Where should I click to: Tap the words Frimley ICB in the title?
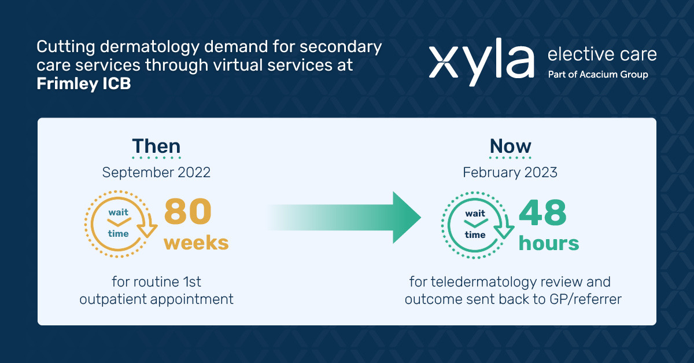pyautogui.click(x=84, y=84)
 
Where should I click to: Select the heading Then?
pyautogui.click(x=156, y=146)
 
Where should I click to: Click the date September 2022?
pyautogui.click(x=156, y=172)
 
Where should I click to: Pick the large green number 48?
pyautogui.click(x=542, y=214)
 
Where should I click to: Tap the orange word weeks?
pyautogui.click(x=196, y=243)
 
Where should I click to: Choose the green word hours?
pyautogui.click(x=549, y=243)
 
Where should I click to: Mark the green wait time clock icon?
pyautogui.click(x=476, y=223)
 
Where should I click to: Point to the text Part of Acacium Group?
pyautogui.click(x=597, y=75)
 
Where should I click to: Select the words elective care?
pyautogui.click(x=601, y=55)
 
